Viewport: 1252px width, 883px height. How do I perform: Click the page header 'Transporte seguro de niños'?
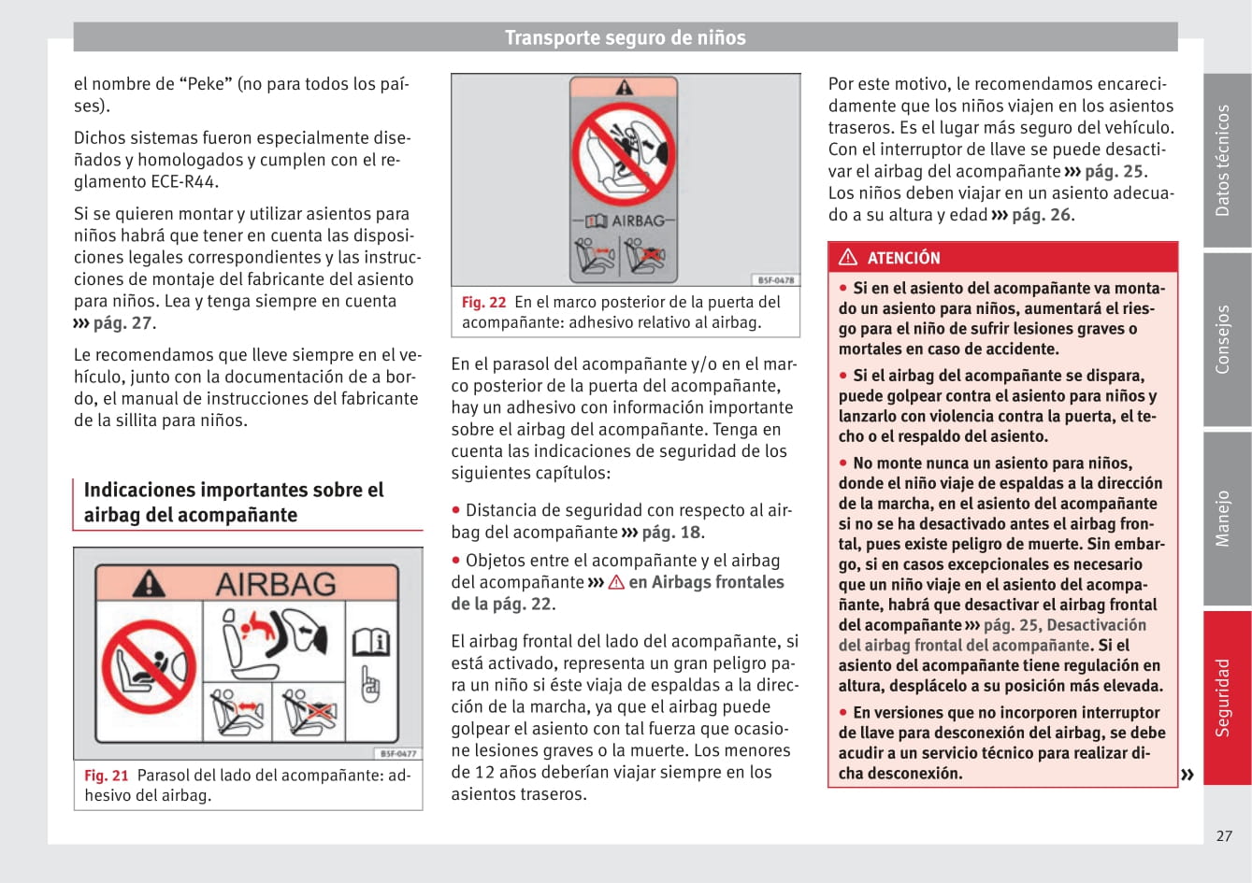625,38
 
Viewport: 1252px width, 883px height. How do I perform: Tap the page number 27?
1224,836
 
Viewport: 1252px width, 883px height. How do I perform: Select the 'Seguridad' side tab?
1225,697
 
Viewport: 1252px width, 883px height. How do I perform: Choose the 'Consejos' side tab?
1225,339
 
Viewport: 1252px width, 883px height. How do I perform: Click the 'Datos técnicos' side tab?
1225,161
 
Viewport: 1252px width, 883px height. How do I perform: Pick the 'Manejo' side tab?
1225,519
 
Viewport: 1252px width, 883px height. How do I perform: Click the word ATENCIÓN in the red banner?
903,258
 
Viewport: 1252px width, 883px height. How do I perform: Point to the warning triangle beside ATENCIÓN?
848,257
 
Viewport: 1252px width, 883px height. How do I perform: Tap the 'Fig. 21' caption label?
107,776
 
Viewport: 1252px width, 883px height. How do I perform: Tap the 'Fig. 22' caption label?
483,303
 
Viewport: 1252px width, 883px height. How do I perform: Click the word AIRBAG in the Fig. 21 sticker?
276,585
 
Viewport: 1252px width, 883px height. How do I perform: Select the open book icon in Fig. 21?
370,643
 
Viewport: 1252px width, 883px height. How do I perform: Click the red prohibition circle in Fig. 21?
149,666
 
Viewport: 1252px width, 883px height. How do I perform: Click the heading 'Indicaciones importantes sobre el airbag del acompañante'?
234,503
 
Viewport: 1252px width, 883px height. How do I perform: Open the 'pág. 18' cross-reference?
670,533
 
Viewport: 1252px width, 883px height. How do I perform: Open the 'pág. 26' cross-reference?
1041,215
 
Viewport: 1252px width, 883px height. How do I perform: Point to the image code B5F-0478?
775,280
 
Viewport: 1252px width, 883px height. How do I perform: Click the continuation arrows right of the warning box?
1187,775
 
